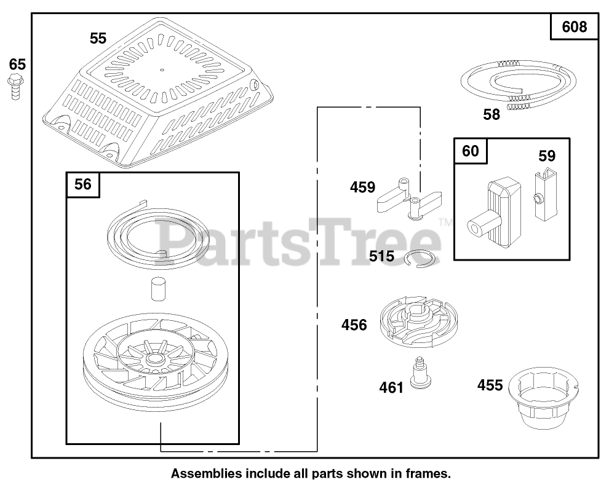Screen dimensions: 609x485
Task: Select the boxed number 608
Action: [575, 27]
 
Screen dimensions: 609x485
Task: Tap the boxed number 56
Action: [83, 184]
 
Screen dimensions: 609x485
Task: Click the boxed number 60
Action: [470, 151]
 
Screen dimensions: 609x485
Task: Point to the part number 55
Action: [98, 38]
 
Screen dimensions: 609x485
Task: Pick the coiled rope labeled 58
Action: [519, 84]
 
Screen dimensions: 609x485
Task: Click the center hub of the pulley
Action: [151, 358]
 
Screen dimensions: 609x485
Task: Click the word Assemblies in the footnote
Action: [205, 474]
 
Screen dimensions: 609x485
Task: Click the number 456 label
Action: [354, 325]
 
